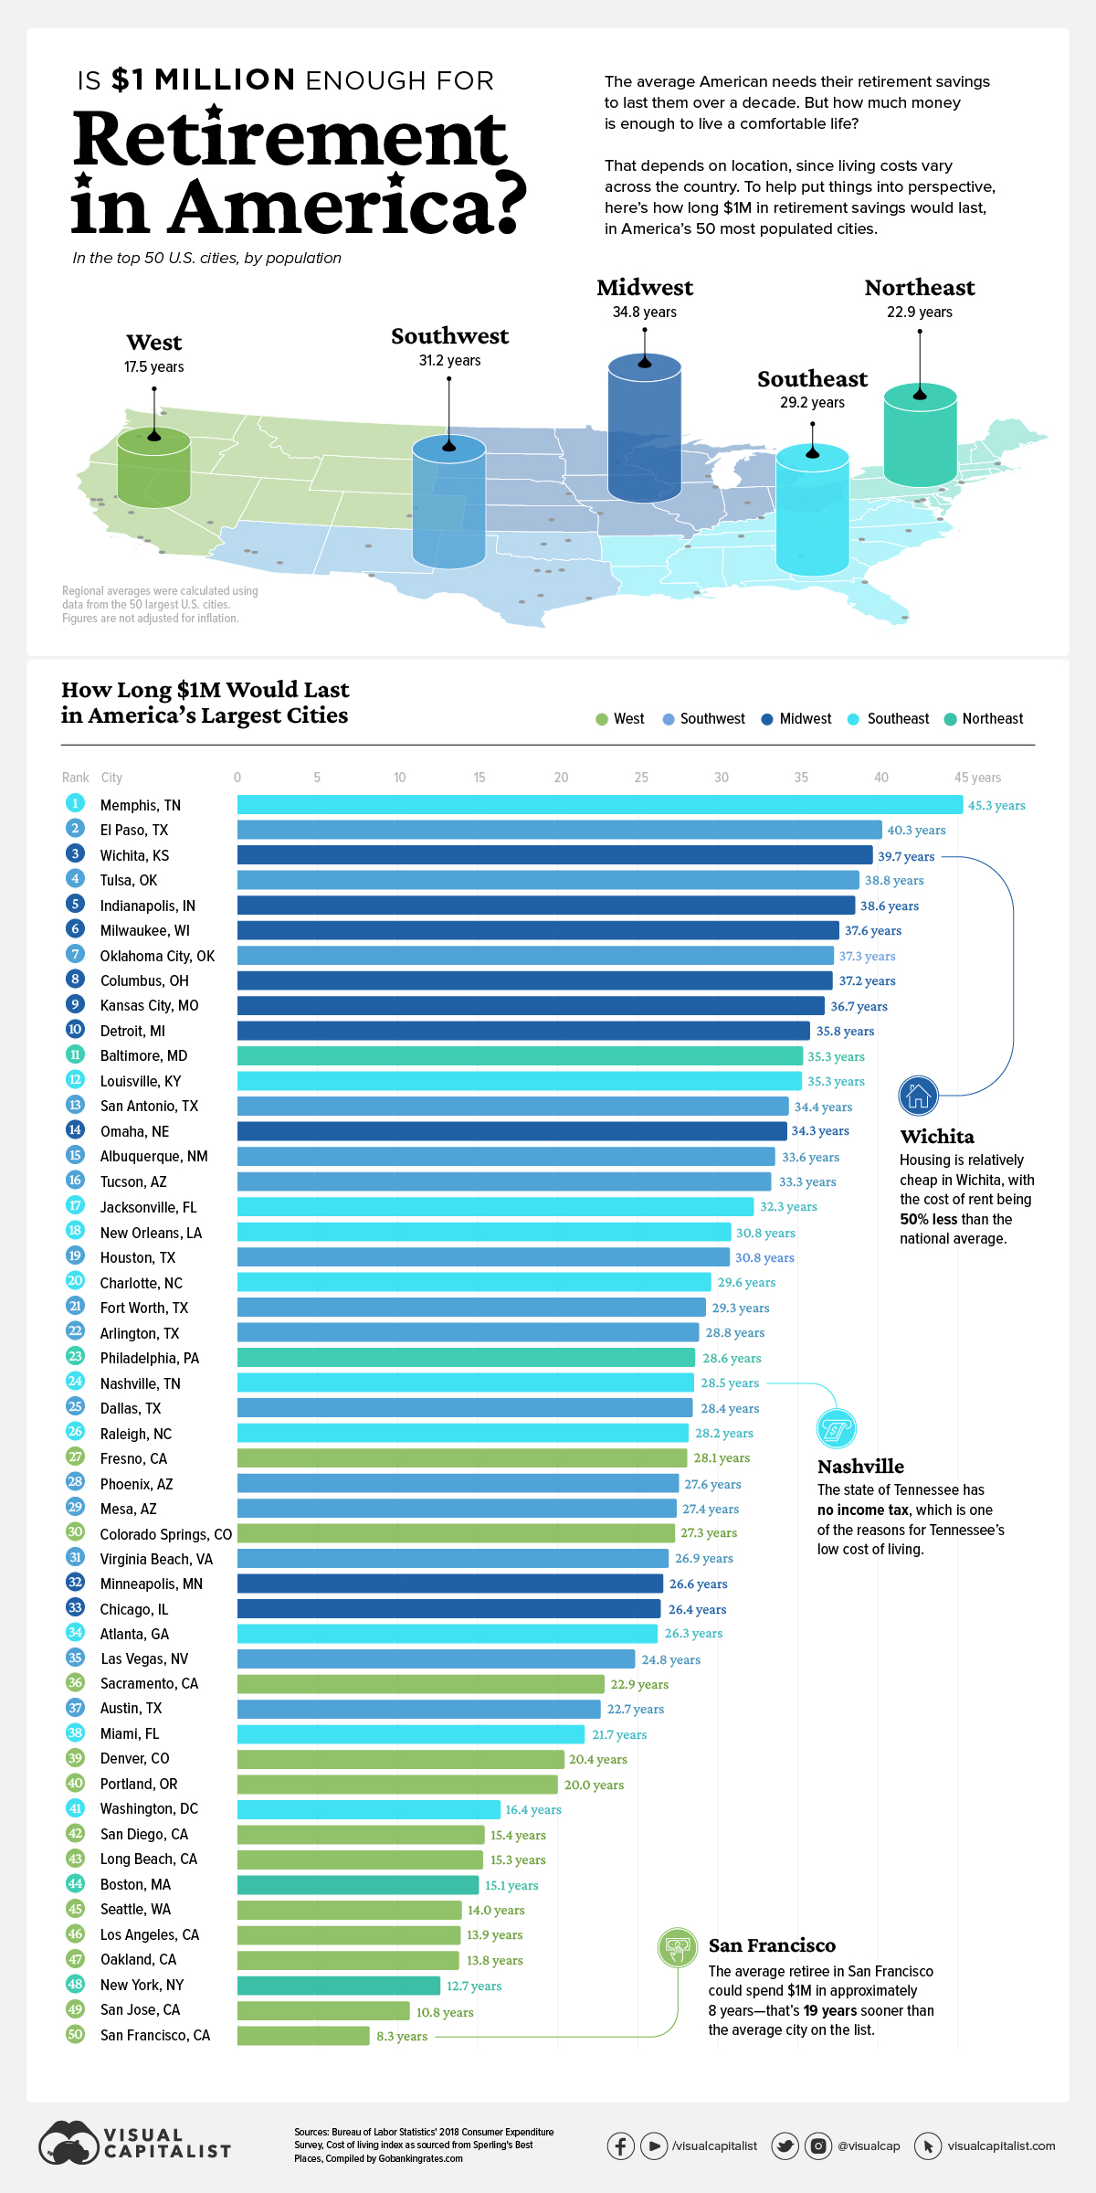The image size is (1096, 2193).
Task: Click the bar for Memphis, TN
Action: pyautogui.click(x=599, y=805)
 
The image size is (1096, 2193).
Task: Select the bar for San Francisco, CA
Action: pyautogui.click(x=303, y=2035)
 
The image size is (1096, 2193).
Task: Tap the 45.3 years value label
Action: pyautogui.click(x=996, y=806)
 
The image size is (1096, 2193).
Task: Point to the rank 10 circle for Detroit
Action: pyautogui.click(x=75, y=1030)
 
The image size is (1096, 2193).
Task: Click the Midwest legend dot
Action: pyautogui.click(x=767, y=719)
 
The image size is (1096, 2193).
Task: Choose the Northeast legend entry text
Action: pyautogui.click(x=993, y=719)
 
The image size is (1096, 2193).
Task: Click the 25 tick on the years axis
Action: pyautogui.click(x=641, y=778)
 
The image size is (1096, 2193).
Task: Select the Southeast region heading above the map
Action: pyautogui.click(x=812, y=379)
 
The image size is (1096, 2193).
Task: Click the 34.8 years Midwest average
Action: pyautogui.click(x=645, y=313)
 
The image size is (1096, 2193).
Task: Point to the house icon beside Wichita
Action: pyautogui.click(x=918, y=1095)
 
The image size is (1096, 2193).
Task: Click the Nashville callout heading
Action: pyautogui.click(x=860, y=1467)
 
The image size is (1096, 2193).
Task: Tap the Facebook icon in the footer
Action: pyautogui.click(x=621, y=2145)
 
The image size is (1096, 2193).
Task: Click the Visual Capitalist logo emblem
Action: pyautogui.click(x=68, y=2144)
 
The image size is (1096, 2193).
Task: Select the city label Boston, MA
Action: pyautogui.click(x=135, y=1884)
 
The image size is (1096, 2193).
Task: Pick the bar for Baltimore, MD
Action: pyautogui.click(x=519, y=1055)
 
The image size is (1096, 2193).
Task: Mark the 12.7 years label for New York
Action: pyautogui.click(x=474, y=1986)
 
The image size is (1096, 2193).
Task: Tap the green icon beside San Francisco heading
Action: pyautogui.click(x=678, y=1947)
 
